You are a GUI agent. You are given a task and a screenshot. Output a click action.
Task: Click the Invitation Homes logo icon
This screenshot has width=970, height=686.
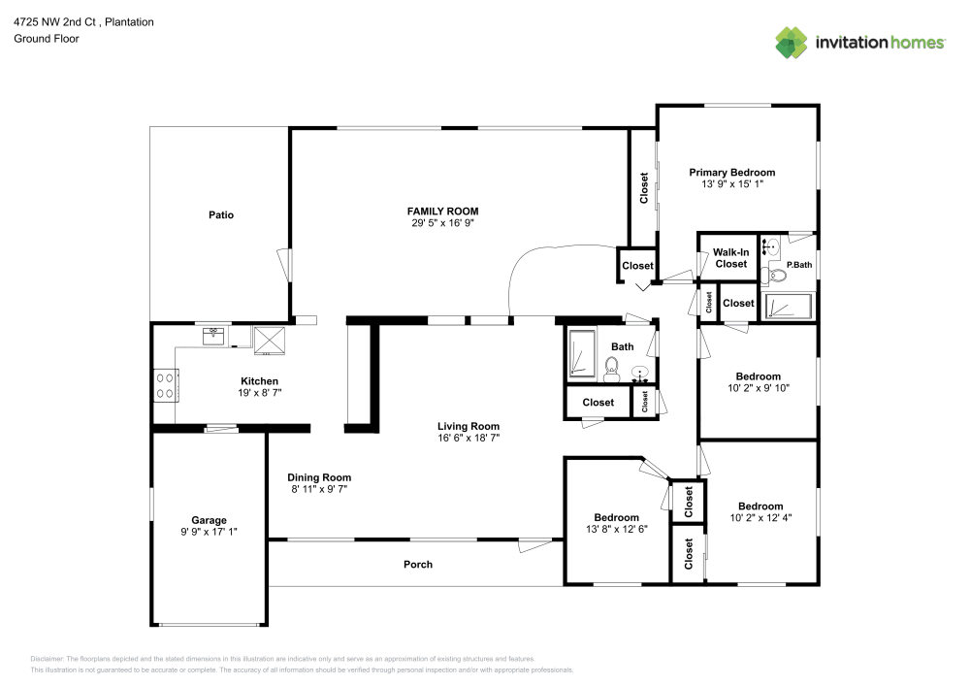(792, 42)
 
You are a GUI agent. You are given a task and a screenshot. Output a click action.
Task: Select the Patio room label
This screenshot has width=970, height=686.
(221, 215)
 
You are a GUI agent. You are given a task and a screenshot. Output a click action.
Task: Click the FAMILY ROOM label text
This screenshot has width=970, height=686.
(442, 211)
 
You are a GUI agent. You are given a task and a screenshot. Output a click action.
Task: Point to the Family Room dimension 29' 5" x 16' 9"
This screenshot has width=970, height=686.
(442, 223)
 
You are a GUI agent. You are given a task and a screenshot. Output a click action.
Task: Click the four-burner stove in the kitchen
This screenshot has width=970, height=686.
(165, 386)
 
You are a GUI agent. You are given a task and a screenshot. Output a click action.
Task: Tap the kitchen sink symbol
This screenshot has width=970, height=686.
(213, 336)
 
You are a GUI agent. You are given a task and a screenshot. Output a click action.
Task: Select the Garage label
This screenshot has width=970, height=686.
(209, 520)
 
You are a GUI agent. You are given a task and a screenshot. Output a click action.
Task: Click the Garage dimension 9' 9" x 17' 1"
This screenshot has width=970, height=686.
(209, 532)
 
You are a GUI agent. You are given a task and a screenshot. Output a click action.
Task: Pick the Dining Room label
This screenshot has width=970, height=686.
(319, 477)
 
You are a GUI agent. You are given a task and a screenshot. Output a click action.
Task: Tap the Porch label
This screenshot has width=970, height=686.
(418, 564)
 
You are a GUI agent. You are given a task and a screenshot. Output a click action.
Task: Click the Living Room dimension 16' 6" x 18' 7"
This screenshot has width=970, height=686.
(468, 439)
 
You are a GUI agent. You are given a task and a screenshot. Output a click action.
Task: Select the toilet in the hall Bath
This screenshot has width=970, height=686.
(612, 367)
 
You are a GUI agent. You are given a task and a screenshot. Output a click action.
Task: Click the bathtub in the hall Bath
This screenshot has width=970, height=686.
(581, 353)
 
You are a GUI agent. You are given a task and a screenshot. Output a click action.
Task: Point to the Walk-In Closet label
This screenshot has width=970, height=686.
(730, 258)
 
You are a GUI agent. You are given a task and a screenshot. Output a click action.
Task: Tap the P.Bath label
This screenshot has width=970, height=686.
(798, 264)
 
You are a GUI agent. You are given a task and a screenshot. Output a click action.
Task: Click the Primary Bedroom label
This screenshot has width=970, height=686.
(732, 173)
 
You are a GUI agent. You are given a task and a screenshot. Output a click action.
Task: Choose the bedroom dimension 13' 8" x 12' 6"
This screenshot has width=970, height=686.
(617, 529)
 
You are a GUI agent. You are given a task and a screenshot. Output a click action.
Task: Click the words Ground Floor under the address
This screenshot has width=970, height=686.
(47, 39)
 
